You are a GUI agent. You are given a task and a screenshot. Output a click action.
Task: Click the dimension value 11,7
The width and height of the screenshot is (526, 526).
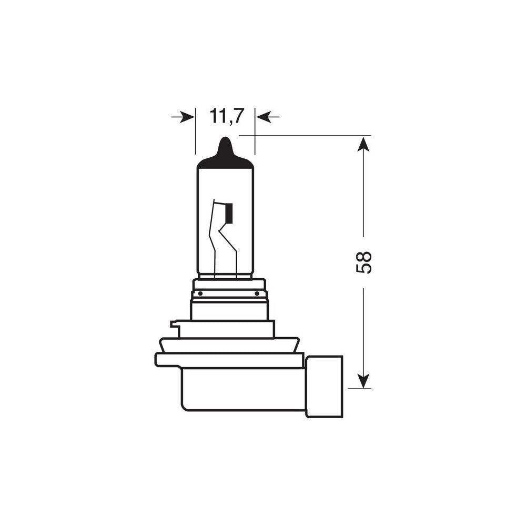point(227,116)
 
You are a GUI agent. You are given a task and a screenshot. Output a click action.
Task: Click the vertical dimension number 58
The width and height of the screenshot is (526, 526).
point(364,262)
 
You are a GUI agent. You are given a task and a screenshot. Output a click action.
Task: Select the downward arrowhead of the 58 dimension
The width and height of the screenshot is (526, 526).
point(363,381)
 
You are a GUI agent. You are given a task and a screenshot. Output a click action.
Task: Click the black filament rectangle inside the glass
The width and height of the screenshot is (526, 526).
point(228,213)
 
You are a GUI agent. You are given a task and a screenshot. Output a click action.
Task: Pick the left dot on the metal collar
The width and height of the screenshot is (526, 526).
point(200,294)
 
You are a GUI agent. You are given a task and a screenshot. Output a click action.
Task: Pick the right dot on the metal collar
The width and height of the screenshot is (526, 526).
point(257,294)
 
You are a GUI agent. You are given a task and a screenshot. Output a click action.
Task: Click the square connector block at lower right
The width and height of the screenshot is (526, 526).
point(324,386)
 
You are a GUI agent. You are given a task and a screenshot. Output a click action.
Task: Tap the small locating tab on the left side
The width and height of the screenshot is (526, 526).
point(174,325)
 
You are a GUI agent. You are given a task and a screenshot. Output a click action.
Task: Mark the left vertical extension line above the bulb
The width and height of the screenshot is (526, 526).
point(195,131)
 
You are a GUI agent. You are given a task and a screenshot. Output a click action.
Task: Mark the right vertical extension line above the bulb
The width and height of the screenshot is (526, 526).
point(255,131)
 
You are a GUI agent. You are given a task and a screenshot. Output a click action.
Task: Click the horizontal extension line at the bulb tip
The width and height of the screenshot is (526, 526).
point(305,136)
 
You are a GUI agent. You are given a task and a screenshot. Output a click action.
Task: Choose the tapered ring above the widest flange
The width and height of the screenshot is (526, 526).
point(229,345)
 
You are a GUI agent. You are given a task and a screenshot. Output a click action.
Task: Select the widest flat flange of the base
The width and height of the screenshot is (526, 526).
point(229,360)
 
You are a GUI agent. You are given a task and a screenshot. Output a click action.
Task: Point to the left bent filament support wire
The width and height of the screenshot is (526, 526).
point(213,237)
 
